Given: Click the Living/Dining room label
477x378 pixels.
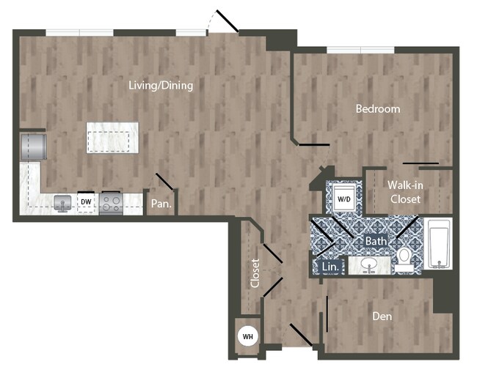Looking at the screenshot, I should pyautogui.click(x=161, y=86).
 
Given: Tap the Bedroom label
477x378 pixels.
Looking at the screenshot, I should pyautogui.click(x=378, y=109).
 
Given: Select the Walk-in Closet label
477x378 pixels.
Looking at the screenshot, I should pyautogui.click(x=405, y=192).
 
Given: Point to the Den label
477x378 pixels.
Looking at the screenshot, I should pyautogui.click(x=382, y=317).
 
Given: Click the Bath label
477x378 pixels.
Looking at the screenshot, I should pyautogui.click(x=376, y=240).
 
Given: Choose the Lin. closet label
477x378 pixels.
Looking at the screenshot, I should pyautogui.click(x=330, y=267).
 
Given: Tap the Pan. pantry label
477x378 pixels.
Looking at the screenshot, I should pyautogui.click(x=161, y=204).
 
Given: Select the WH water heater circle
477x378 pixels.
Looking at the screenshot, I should pyautogui.click(x=248, y=337).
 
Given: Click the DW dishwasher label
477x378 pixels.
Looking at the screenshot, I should pyautogui.click(x=86, y=201).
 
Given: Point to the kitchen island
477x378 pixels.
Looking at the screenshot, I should pyautogui.click(x=112, y=138).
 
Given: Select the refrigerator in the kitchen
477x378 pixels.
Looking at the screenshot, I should pyautogui.click(x=34, y=147).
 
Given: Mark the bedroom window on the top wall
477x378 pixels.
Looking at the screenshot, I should pyautogui.click(x=360, y=50).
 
